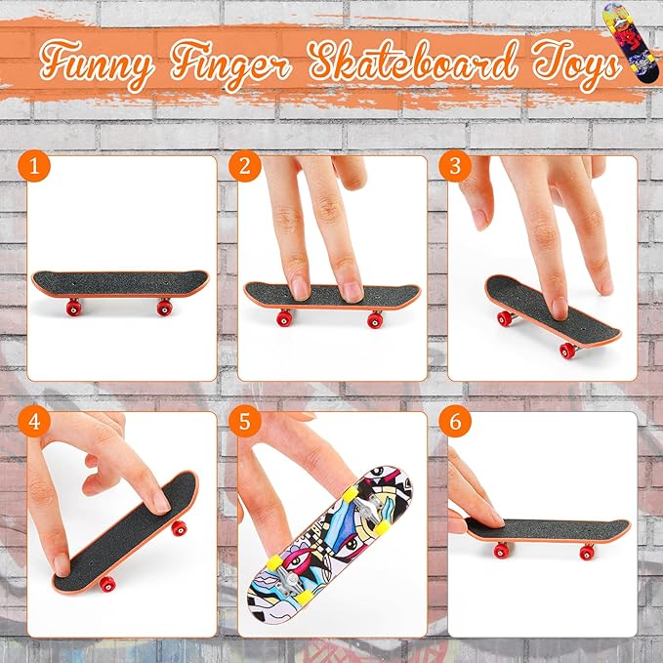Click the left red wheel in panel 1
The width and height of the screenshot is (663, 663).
(x=71, y=310)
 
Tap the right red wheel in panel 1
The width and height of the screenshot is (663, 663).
(x=163, y=310)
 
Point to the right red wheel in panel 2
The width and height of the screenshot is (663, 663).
(x=375, y=319)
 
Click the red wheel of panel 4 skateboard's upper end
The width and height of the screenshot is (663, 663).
(x=178, y=528)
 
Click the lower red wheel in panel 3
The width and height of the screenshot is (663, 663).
(x=566, y=350)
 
